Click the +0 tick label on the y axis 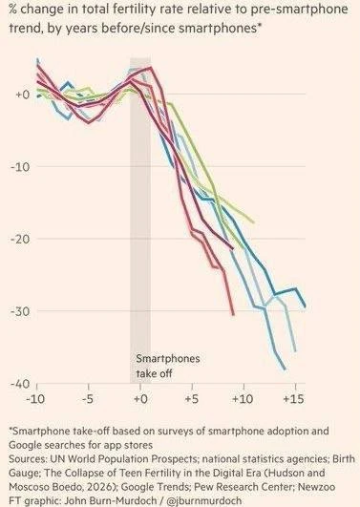click(22, 95)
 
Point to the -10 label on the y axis click(20, 167)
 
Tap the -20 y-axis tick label click(20, 240)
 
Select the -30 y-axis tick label click(20, 311)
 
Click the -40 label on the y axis click(20, 384)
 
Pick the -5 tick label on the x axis click(88, 399)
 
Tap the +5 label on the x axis click(192, 399)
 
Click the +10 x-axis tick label click(243, 399)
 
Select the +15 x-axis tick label click(294, 399)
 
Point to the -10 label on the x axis click(35, 399)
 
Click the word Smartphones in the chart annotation click(168, 359)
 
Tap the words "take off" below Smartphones click(154, 373)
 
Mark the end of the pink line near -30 click(233, 315)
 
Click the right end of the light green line click(254, 222)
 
